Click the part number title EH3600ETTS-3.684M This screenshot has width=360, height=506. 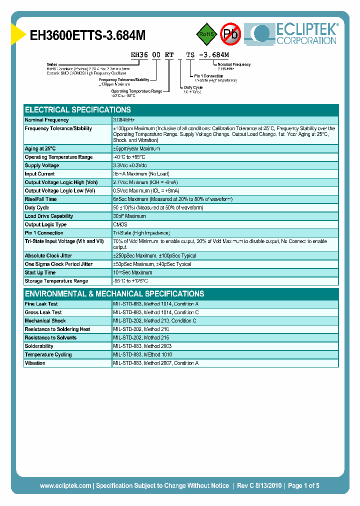coord(88,35)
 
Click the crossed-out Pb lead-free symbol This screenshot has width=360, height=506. coord(231,34)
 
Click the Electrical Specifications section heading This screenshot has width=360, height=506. coord(78,110)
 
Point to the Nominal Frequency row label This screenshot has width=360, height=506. coord(47,120)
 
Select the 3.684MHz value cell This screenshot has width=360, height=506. coord(124,120)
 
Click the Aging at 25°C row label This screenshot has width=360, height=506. coord(40,148)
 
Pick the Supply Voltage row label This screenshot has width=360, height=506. coord(42,165)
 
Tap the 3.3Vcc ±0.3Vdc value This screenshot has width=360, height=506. coord(130,165)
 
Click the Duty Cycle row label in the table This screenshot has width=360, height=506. coord(37,207)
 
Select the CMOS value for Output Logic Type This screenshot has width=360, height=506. coord(120,224)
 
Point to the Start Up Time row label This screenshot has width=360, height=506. coord(40,272)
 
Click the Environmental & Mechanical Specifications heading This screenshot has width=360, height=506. coord(114,294)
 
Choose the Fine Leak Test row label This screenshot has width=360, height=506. coord(41,304)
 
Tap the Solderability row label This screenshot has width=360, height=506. coord(39,346)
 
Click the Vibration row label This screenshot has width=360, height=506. coord(35,363)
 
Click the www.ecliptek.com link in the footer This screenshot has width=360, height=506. coord(65,485)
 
